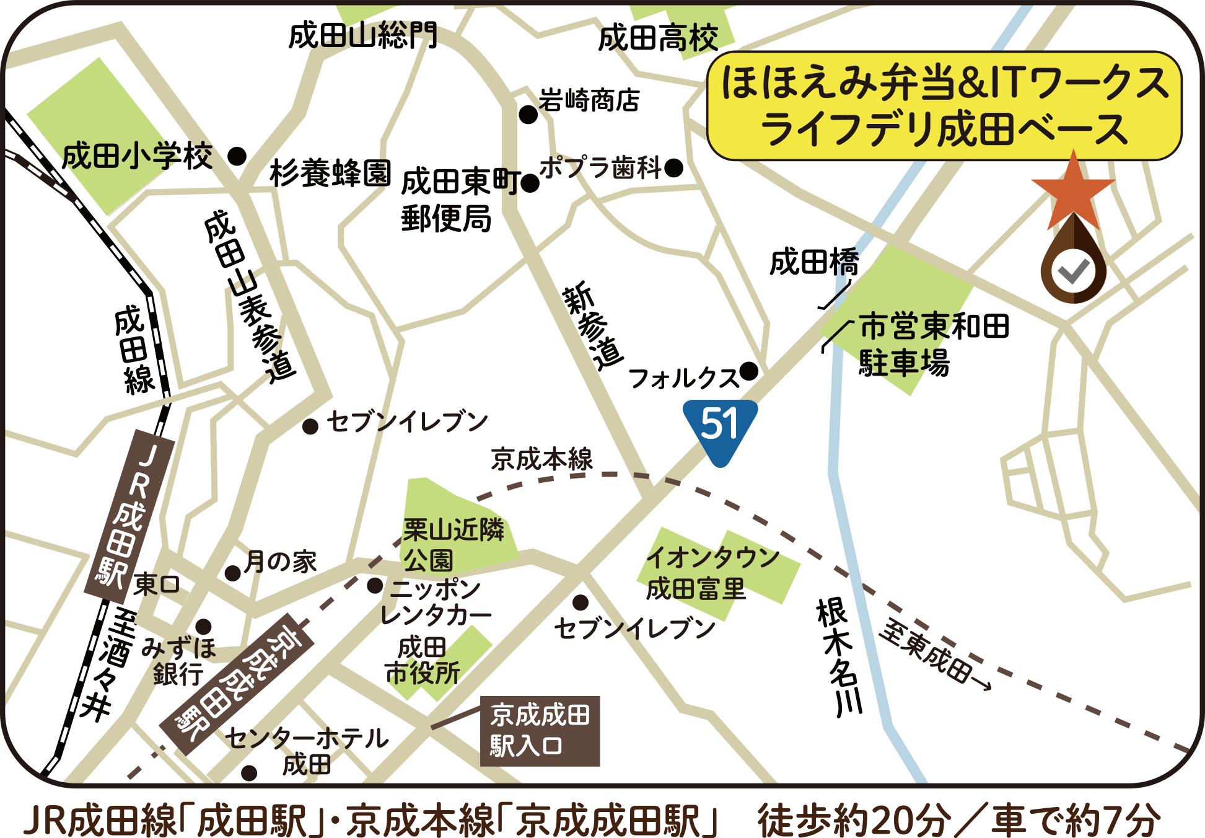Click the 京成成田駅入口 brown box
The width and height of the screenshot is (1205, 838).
point(540,731)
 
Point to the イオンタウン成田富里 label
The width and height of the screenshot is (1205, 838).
point(712,573)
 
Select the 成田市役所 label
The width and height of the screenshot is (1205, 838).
point(423,661)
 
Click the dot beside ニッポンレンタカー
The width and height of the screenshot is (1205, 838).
point(375,586)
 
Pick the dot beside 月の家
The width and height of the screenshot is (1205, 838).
point(233,573)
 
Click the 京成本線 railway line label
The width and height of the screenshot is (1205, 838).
point(542,460)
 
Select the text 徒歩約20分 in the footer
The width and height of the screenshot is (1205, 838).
point(854,820)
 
